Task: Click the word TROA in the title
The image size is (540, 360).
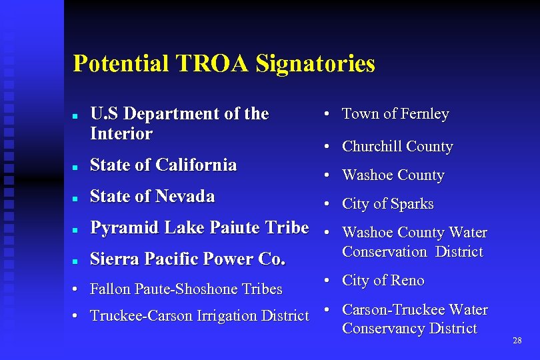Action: pos(212,64)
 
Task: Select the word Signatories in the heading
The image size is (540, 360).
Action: pos(315,65)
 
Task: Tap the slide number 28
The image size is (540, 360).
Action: pos(517,341)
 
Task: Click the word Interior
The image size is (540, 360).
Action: pos(121,134)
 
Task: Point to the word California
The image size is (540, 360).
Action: pos(196,165)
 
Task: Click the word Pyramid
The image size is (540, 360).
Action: pos(125,228)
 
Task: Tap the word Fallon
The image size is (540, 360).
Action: pos(111,289)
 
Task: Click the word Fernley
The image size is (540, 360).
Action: pos(423,114)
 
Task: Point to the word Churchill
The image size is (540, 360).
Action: pos(371,147)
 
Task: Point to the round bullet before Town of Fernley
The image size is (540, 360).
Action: pos(327,115)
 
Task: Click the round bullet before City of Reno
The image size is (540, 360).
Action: pos(327,281)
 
